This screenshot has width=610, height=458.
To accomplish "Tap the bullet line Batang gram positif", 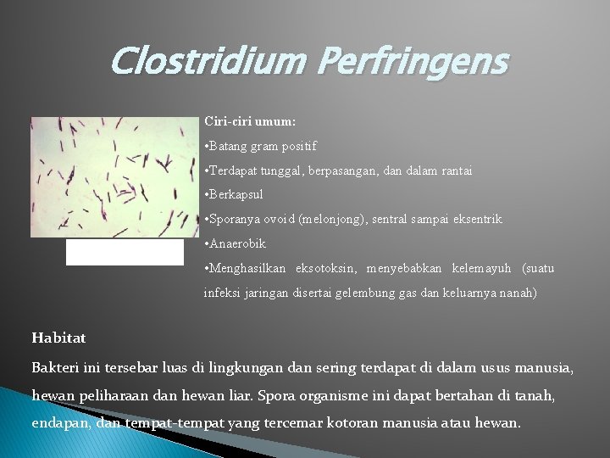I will (x=260, y=146).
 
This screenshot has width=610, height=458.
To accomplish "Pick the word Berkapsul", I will (x=236, y=194).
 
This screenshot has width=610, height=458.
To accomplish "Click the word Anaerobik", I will (x=238, y=243).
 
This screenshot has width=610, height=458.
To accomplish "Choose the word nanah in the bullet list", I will (x=518, y=293).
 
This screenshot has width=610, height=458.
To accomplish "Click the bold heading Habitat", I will (x=58, y=338).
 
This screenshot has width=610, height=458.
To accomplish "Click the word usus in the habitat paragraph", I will (x=500, y=369).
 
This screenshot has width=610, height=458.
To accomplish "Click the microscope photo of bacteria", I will (x=114, y=176).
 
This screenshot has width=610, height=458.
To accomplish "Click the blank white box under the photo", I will (x=125, y=252).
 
